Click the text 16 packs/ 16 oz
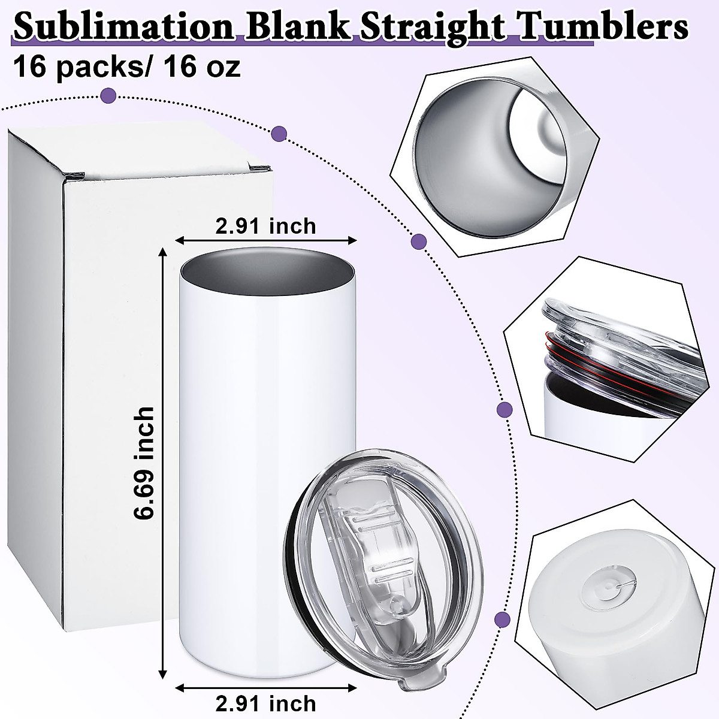[x=126, y=67]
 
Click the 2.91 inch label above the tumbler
[x=265, y=226]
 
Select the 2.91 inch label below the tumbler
[x=265, y=702]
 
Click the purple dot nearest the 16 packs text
[x=108, y=94]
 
